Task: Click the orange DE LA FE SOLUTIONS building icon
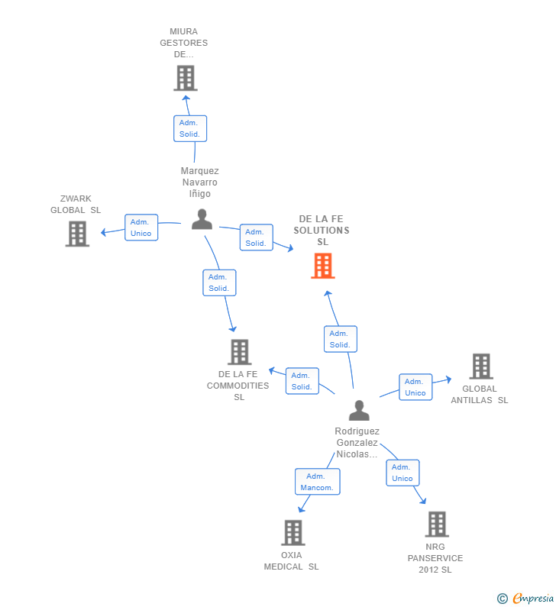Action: coord(323,266)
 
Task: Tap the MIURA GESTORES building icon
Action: coord(185,78)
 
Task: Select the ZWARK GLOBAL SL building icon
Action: coord(77,234)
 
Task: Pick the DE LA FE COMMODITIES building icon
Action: coord(239,352)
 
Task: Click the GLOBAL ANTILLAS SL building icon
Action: coord(480,366)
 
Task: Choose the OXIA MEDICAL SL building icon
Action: coord(293,532)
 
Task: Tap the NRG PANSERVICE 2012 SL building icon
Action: coord(436,525)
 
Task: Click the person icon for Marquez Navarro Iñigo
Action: coord(202,219)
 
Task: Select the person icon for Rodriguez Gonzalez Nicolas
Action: coord(358,410)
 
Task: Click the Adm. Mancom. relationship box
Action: coord(317,481)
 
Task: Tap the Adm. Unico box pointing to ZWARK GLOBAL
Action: coord(141,228)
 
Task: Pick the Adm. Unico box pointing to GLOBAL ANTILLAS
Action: coord(415,387)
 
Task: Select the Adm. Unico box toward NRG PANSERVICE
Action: coord(402,473)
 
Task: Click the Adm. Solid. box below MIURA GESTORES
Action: coord(189,128)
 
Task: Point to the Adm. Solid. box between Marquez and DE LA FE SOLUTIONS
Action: coord(255,237)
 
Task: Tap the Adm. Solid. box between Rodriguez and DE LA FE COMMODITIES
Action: coord(302,381)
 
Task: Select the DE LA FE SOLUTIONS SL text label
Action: coord(322,231)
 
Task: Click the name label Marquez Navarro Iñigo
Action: coord(199,182)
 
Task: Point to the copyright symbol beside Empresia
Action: coord(502,599)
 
